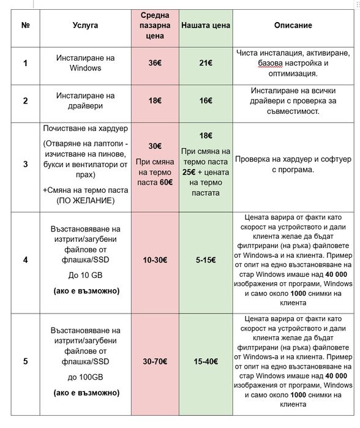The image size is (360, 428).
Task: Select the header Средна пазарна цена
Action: click(156, 26)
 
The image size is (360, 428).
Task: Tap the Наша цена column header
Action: click(206, 26)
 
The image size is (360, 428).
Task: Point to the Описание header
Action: click(293, 26)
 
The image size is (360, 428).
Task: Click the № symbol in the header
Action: click(25, 26)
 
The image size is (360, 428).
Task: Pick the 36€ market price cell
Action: click(156, 63)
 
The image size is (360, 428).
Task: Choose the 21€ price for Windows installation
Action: click(206, 63)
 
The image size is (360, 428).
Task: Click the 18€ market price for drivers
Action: click(156, 100)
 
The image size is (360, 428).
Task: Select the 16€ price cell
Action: click(206, 100)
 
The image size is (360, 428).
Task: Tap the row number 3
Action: click(25, 164)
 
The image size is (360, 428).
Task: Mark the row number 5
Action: click(25, 361)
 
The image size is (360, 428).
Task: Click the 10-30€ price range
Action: click(156, 260)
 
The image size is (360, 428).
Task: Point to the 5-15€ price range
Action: click(206, 260)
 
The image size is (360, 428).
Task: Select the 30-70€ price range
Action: click(156, 361)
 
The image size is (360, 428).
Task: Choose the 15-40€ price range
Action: click(206, 361)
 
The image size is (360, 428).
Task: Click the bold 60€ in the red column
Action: click(165, 182)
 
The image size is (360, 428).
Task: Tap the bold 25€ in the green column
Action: click(189, 171)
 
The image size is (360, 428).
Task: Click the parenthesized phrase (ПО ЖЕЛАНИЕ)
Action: click(86, 200)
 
